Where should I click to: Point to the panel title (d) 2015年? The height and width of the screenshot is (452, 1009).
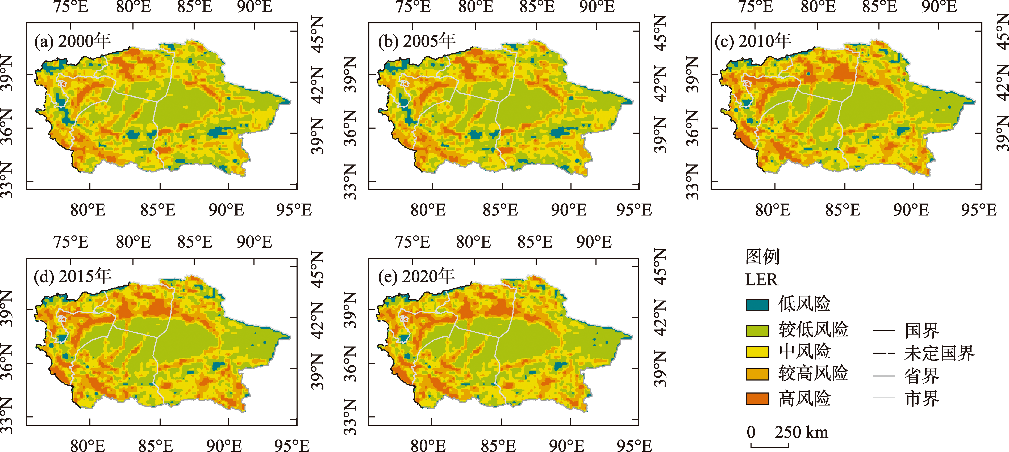pyautogui.click(x=72, y=277)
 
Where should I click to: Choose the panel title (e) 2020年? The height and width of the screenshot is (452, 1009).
pyautogui.click(x=416, y=277)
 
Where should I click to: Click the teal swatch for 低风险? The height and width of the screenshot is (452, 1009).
pyautogui.click(x=757, y=305)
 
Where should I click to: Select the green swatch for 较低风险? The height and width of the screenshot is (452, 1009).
pyautogui.click(x=757, y=330)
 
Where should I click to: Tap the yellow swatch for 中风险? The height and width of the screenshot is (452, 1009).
pyautogui.click(x=757, y=352)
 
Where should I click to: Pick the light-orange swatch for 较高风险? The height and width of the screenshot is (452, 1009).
pyautogui.click(x=757, y=374)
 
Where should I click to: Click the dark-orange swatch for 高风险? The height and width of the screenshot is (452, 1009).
pyautogui.click(x=757, y=398)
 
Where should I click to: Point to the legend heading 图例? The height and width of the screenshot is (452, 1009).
pyautogui.click(x=762, y=257)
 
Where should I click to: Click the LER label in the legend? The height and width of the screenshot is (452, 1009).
pyautogui.click(x=761, y=280)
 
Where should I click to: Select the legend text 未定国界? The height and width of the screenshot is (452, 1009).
pyautogui.click(x=939, y=353)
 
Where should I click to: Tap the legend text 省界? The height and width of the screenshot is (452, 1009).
pyautogui.click(x=922, y=376)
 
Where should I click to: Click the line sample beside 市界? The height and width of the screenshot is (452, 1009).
pyautogui.click(x=884, y=398)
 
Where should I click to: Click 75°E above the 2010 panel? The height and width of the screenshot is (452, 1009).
pyautogui.click(x=756, y=7)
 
